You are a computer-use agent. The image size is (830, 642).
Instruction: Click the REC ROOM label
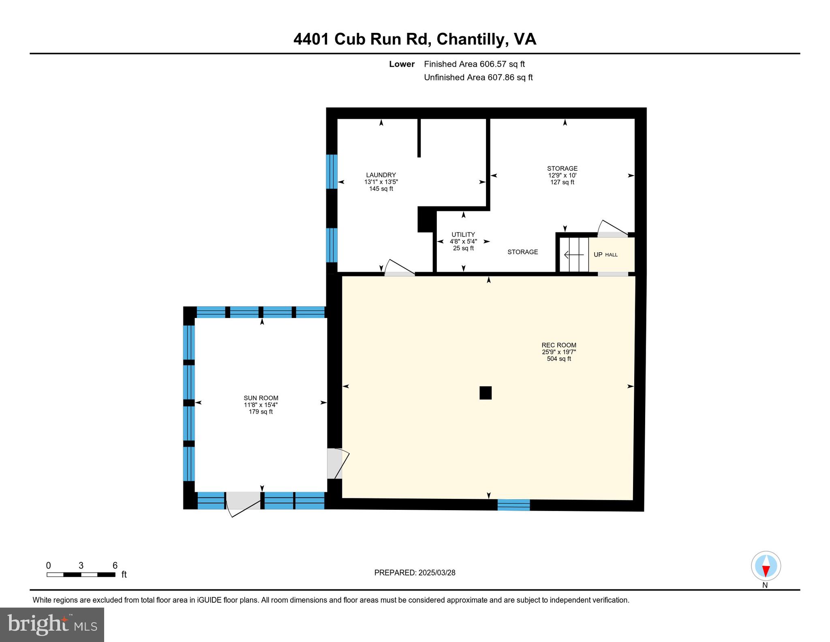(x=558, y=345)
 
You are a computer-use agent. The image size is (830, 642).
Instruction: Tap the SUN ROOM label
(x=261, y=398)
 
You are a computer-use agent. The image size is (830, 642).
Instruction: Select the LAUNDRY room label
(x=381, y=175)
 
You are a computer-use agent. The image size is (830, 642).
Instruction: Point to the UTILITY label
(x=463, y=235)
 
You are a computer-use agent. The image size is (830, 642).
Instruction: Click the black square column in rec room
(x=486, y=393)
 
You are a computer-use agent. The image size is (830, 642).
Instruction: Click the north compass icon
(x=766, y=566)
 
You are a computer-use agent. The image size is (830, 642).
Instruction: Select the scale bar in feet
(x=81, y=574)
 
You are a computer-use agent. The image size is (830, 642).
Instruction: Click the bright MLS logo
(x=52, y=625)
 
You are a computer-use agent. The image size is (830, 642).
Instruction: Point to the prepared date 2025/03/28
(x=415, y=573)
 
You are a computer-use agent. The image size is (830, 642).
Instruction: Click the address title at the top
(x=415, y=39)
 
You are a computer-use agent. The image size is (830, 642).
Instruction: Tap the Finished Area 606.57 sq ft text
(x=474, y=64)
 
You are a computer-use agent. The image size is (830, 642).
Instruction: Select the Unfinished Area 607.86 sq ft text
(x=478, y=77)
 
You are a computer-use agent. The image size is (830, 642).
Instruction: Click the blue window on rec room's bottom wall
(x=513, y=505)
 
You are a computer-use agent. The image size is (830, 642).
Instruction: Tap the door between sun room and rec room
(x=336, y=464)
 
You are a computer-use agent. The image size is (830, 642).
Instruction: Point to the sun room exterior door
(x=243, y=503)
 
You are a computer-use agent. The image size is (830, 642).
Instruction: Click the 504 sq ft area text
(x=558, y=359)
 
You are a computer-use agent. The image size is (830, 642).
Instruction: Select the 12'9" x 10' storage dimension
(x=562, y=176)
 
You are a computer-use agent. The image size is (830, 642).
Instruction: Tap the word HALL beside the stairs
(x=611, y=255)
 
